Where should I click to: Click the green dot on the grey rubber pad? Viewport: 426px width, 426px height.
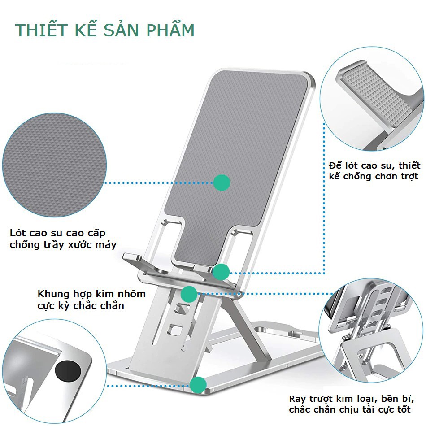(222, 183)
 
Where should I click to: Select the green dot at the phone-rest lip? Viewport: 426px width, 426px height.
(221, 272)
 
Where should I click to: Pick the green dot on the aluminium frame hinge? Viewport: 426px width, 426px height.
(189, 294)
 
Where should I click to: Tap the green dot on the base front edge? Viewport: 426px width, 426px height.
(198, 385)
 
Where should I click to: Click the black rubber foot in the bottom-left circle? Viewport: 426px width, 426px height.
(68, 372)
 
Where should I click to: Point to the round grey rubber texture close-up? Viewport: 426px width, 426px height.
(54, 165)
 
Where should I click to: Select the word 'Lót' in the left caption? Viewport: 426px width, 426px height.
(18, 233)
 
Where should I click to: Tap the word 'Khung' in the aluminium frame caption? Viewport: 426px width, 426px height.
(53, 294)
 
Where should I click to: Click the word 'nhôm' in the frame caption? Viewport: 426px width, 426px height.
(131, 294)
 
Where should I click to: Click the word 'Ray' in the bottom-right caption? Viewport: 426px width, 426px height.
(297, 399)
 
